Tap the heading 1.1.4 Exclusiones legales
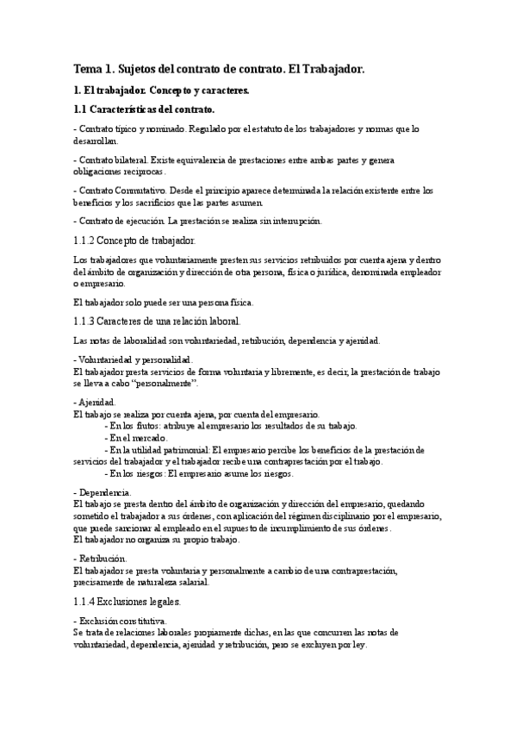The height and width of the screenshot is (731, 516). (127, 600)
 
